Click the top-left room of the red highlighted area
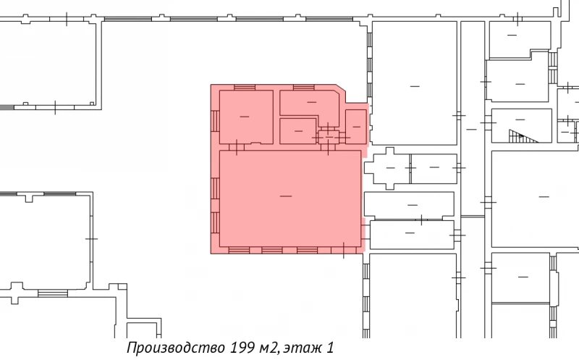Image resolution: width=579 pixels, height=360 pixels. point(245,116)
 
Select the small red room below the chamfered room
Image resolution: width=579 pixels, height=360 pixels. point(297,130)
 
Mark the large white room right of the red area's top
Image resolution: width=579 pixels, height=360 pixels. point(414,83)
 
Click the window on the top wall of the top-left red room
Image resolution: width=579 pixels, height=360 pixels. point(244,88)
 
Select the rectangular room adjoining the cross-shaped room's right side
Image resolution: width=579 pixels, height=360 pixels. point(434,168)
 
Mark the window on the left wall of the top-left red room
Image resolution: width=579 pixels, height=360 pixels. point(215,120)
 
